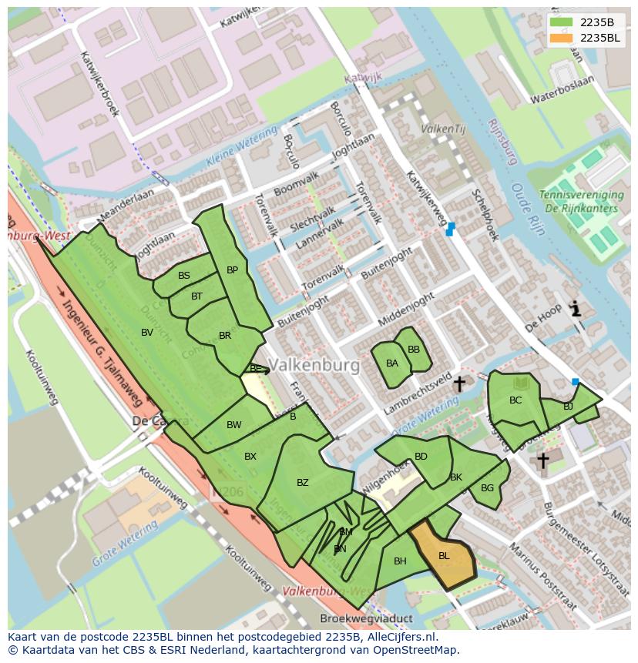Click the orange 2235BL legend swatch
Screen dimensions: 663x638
561,38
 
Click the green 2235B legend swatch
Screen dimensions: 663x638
561,22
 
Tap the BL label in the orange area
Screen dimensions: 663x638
444,555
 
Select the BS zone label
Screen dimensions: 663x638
184,276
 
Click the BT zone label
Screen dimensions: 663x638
196,296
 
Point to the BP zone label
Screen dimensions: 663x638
232,270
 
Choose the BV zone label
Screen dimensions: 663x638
147,333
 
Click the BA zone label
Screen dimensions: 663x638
392,363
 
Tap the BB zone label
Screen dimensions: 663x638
414,350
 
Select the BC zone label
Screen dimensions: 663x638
515,400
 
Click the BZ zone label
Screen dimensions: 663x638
303,483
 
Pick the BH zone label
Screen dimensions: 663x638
400,561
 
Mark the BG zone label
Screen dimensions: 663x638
487,488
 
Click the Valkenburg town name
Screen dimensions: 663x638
315,366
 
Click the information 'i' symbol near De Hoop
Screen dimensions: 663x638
575,309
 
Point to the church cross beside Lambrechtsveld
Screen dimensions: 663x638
459,383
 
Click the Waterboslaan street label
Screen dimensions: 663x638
565,98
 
